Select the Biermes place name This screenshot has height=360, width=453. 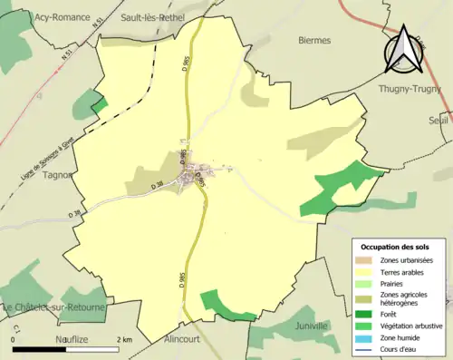314,41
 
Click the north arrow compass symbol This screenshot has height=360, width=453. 403,49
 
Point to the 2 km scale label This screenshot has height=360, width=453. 124,338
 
